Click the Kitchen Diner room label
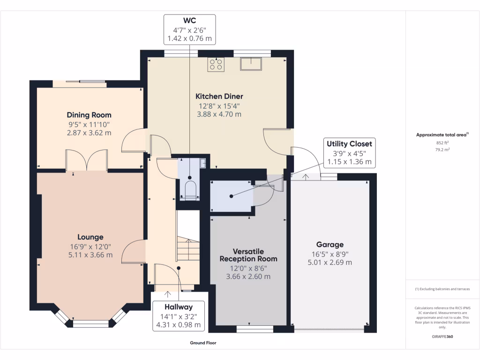pyautogui.click(x=219, y=96)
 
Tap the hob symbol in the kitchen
pyautogui.click(x=217, y=64)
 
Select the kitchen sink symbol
pyautogui.click(x=251, y=63)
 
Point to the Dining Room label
pyautogui.click(x=89, y=115)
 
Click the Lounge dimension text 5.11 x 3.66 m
pyautogui.click(x=90, y=255)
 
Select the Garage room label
pyautogui.click(x=330, y=244)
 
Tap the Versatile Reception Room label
pyautogui.click(x=248, y=255)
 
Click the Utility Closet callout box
pyautogui.click(x=349, y=153)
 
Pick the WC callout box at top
pyautogui.click(x=189, y=30)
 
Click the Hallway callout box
pyautogui.click(x=179, y=315)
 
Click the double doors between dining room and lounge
pyautogui.click(x=87, y=160)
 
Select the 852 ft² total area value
pyautogui.click(x=442, y=143)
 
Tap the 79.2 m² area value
pyautogui.click(x=442, y=150)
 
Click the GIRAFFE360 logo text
pyautogui.click(x=442, y=337)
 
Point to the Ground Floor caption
pyautogui.click(x=203, y=343)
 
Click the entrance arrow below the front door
pyautogui.click(x=168, y=294)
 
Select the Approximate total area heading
pyautogui.click(x=442, y=135)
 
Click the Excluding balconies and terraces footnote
pyautogui.click(x=442, y=289)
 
